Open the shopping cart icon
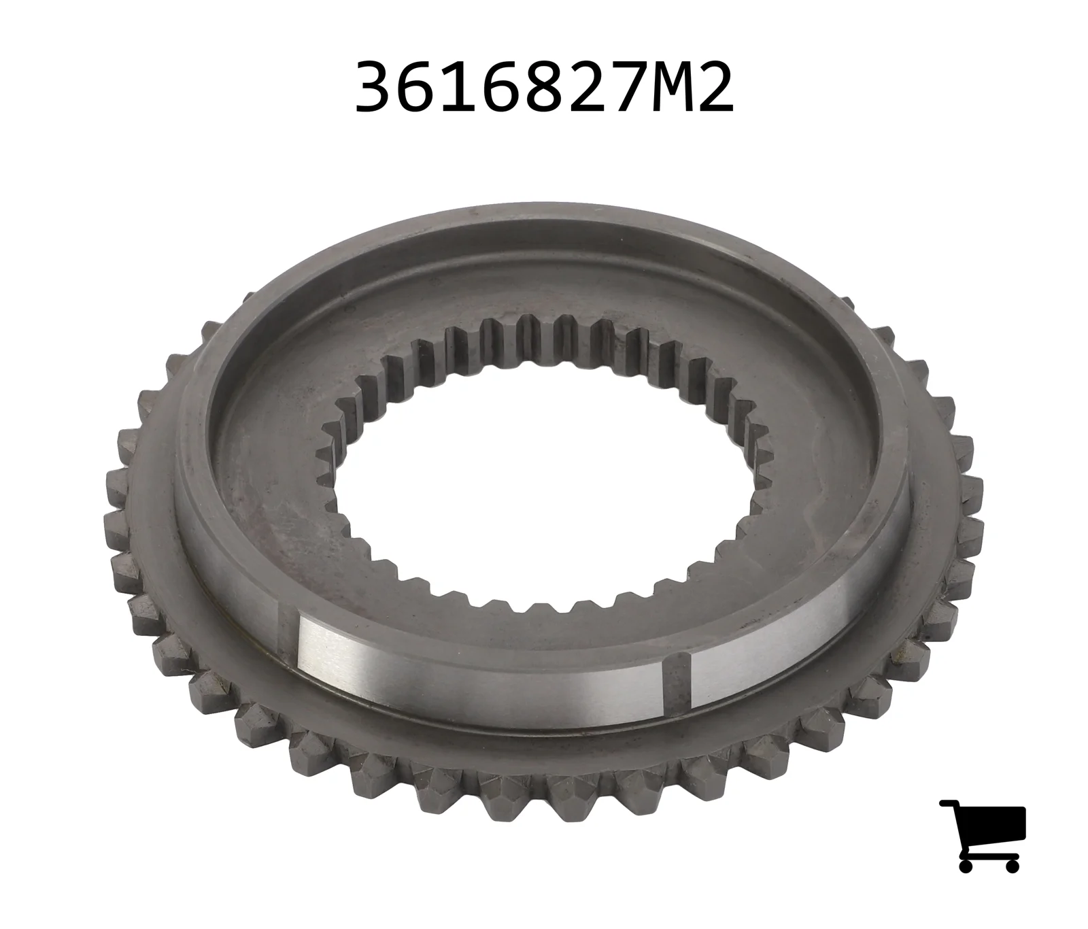click(982, 836)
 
